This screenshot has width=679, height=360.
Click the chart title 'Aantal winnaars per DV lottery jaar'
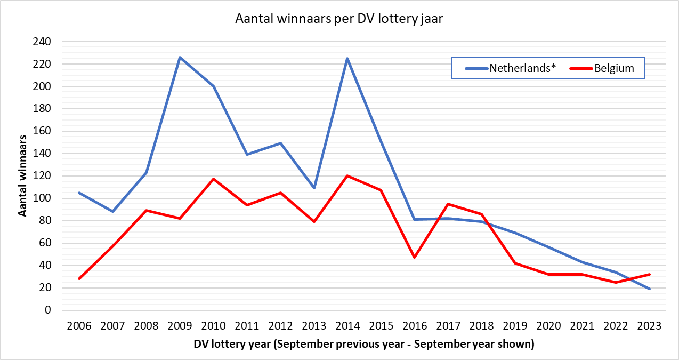click(339, 20)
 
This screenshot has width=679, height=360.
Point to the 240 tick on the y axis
click(43, 42)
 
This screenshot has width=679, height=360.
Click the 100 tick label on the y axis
click(43, 198)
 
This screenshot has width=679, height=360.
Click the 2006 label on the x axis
click(79, 325)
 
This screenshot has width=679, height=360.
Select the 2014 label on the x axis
click(347, 325)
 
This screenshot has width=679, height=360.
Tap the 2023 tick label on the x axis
click(650, 325)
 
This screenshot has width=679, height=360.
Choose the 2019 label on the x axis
click(515, 325)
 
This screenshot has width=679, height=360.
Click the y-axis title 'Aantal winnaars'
click(23, 177)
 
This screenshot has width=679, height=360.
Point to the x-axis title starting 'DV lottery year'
click(364, 344)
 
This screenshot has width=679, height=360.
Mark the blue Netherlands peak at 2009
click(180, 57)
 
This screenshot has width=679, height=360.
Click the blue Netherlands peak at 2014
click(347, 58)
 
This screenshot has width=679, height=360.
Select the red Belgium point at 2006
click(79, 279)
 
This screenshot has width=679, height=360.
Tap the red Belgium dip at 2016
click(415, 258)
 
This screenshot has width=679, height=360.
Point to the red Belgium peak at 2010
click(213, 179)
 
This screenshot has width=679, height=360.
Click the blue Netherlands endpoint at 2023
click(650, 289)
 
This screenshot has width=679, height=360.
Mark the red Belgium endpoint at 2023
click(650, 275)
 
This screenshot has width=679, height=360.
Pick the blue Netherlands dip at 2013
click(314, 188)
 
